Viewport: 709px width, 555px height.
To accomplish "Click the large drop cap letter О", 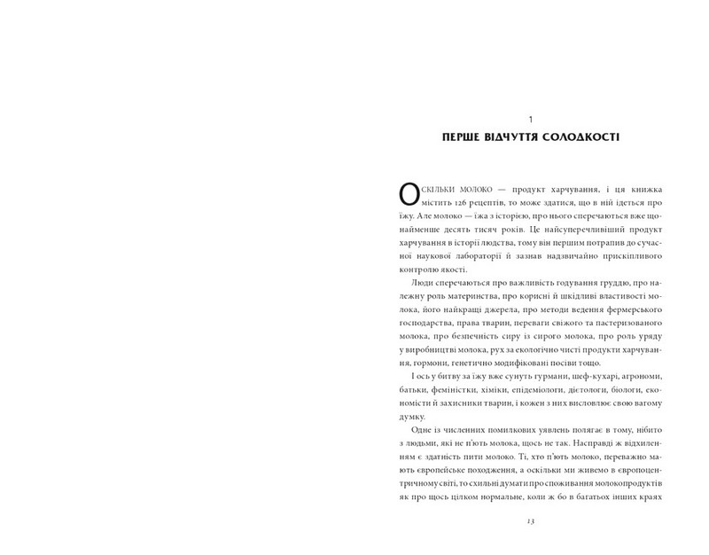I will [x=410, y=195].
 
